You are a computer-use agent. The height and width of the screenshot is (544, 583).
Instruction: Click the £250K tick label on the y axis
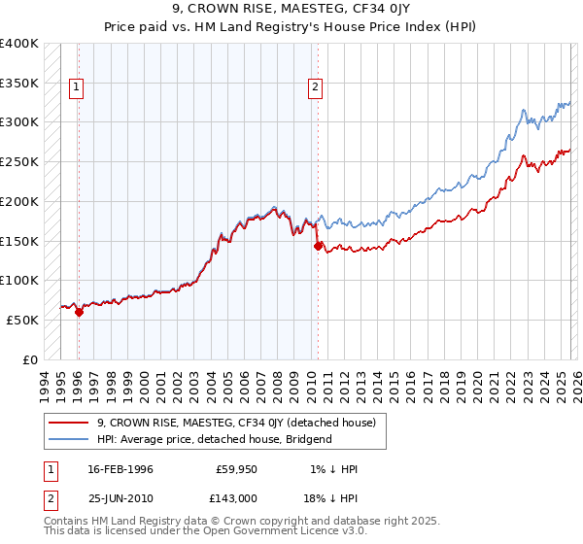(19, 162)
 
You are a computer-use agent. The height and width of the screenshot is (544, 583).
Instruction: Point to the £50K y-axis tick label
(22, 320)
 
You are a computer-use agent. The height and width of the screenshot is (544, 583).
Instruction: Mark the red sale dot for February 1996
(79, 312)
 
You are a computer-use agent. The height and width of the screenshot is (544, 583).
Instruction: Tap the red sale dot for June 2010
(318, 246)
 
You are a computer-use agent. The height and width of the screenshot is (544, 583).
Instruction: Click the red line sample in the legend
(69, 423)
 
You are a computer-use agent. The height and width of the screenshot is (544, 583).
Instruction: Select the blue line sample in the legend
(69, 439)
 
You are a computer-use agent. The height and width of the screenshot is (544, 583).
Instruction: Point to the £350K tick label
(19, 84)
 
